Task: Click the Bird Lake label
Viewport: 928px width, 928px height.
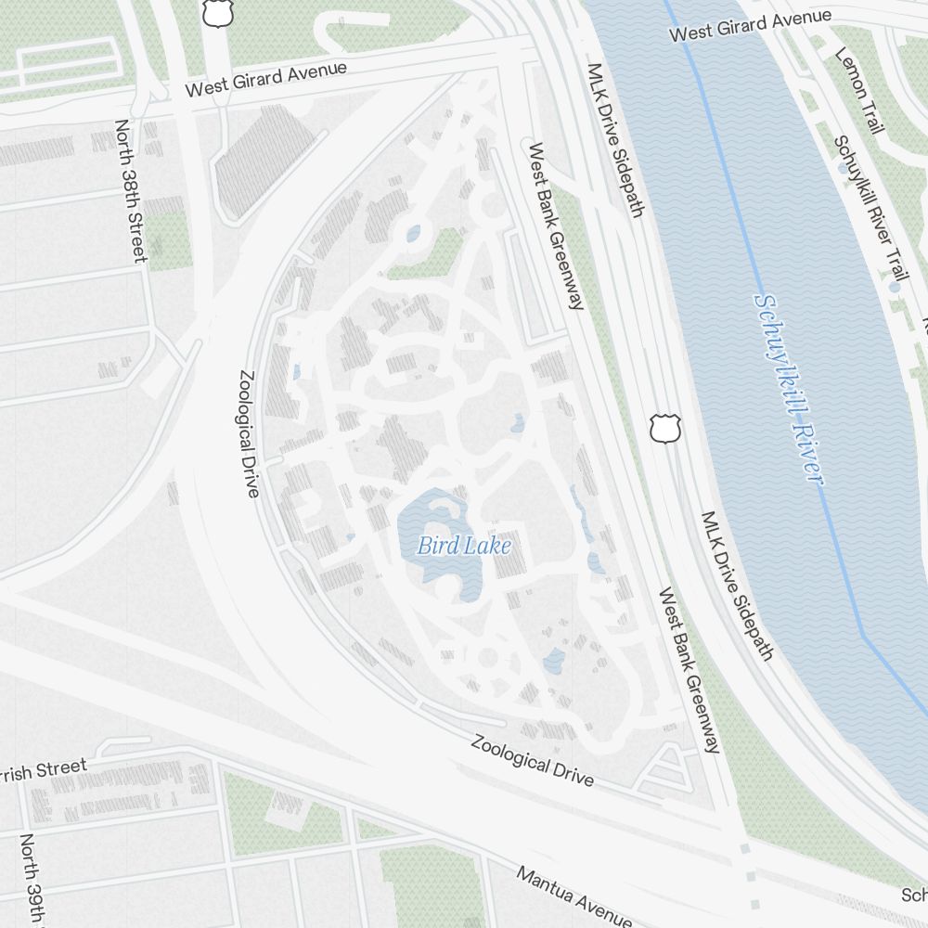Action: pyautogui.click(x=463, y=546)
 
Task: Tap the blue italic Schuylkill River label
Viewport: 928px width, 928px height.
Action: pyautogui.click(x=788, y=389)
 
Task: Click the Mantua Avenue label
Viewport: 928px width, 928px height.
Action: pyautogui.click(x=574, y=896)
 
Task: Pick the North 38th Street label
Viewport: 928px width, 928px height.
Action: pyautogui.click(x=131, y=189)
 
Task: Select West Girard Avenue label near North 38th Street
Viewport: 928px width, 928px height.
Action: pyautogui.click(x=265, y=79)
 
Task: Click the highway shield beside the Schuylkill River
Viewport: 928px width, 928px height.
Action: pyautogui.click(x=661, y=428)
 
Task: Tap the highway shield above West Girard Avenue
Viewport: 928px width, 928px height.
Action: pyautogui.click(x=215, y=12)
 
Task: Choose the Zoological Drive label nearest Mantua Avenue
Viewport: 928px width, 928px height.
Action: pyautogui.click(x=532, y=760)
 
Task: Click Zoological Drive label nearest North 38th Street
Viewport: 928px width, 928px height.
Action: pyautogui.click(x=248, y=434)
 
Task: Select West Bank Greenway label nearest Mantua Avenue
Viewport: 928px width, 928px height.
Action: pyautogui.click(x=690, y=669)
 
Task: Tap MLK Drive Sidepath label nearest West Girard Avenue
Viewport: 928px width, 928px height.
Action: pyautogui.click(x=614, y=140)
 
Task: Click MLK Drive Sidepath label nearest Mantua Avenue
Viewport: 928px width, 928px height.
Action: pyautogui.click(x=737, y=586)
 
